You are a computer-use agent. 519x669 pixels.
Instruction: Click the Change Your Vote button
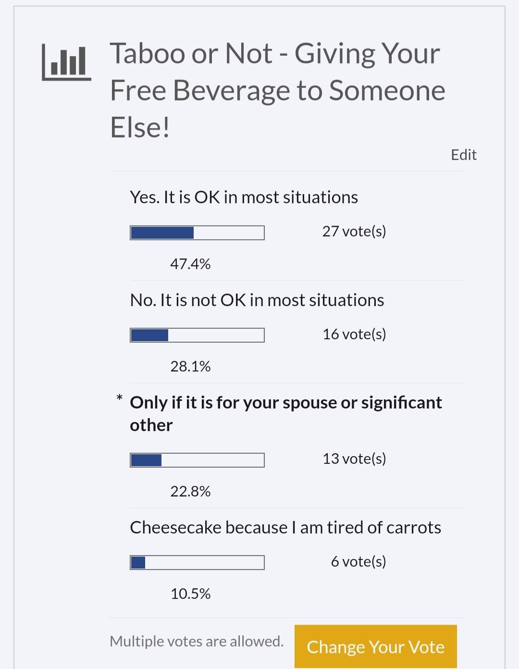tap(375, 646)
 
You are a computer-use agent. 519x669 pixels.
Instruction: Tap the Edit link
tap(464, 155)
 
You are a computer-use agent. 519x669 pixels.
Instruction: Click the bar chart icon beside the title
tap(66, 62)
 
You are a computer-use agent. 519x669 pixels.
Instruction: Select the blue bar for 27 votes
tap(162, 233)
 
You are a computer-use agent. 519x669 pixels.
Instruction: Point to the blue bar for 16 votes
tap(149, 335)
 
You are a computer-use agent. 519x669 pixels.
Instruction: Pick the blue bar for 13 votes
tap(146, 460)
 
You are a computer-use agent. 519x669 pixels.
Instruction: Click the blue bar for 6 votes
tap(138, 562)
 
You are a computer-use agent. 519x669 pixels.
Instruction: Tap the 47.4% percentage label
tap(191, 264)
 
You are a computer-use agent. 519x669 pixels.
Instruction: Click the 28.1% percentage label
tap(191, 366)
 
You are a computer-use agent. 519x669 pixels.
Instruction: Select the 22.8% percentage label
tap(191, 491)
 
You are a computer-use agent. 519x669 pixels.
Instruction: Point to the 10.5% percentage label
tap(191, 594)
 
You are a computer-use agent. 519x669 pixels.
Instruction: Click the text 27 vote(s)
tap(354, 232)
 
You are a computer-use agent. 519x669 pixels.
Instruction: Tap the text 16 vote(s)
tap(354, 334)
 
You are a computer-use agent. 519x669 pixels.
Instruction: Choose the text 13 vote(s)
tap(354, 458)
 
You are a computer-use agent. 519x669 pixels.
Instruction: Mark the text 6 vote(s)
tap(358, 561)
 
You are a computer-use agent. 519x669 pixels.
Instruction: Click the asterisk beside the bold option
tap(120, 398)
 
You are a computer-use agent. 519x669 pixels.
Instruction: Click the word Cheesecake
tap(175, 527)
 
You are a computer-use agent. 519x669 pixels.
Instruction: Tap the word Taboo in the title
tap(148, 53)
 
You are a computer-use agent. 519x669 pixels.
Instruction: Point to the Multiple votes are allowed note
tap(197, 641)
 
